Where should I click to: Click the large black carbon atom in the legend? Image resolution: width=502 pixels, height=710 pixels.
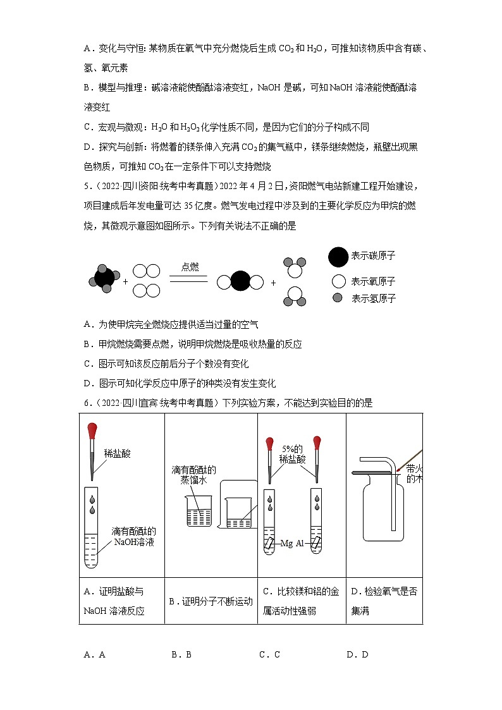pos(338,257)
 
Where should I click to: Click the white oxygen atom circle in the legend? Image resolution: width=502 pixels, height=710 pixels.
pos(339,282)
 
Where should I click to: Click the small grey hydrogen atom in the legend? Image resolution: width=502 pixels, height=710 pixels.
pos(338,298)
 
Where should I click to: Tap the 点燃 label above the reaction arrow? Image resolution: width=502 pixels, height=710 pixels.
pos(190,267)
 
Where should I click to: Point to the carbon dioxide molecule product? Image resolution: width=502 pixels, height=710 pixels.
pos(240,282)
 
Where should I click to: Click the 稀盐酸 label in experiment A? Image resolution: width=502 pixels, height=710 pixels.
pos(117,453)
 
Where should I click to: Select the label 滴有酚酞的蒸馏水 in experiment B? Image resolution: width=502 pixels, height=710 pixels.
pos(193,475)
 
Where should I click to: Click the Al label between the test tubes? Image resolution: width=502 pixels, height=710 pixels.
pos(302,543)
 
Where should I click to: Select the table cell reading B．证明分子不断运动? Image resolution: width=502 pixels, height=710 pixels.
pos(211,601)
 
